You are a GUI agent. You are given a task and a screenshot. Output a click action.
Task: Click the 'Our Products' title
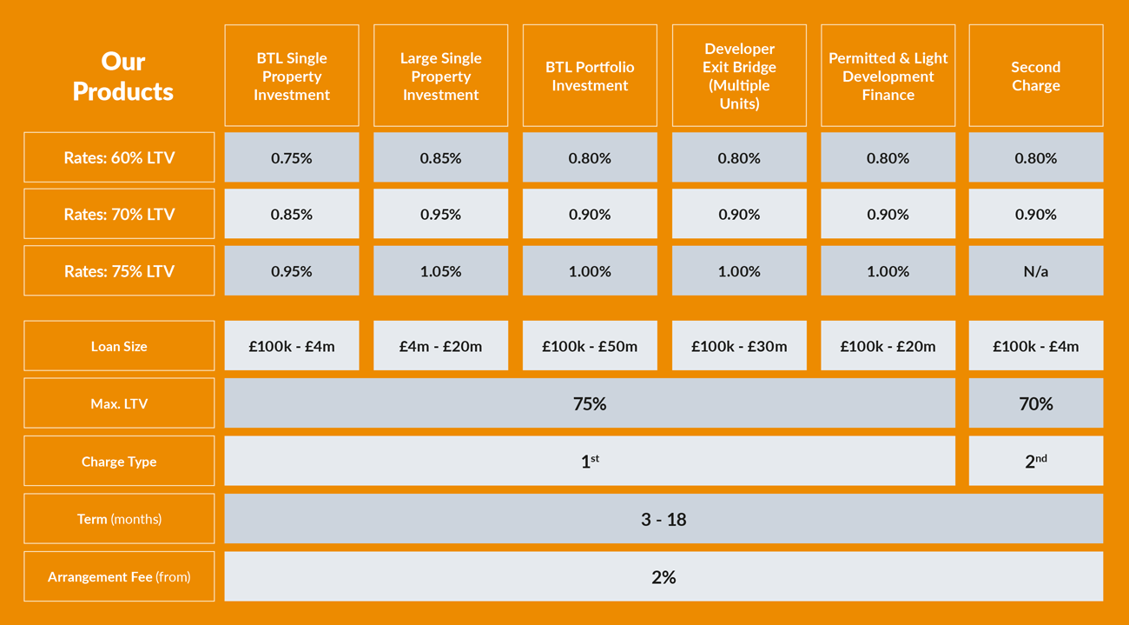(122, 76)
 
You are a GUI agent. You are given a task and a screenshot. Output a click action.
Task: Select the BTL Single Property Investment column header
(292, 76)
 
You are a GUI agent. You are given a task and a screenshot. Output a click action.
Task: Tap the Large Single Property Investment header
(440, 76)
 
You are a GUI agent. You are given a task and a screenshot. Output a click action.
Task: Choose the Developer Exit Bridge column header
(739, 76)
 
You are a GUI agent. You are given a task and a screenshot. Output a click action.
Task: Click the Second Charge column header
(1035, 76)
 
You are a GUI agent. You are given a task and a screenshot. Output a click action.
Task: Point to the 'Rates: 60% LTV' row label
(119, 158)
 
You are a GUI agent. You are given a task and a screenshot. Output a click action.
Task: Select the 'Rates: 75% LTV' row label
(119, 271)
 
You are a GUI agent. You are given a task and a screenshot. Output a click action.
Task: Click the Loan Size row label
(119, 346)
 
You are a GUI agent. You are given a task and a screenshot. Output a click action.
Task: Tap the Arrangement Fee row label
(119, 576)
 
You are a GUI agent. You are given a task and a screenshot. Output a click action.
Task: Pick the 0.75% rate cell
(292, 158)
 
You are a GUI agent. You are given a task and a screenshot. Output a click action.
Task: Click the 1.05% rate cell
(440, 271)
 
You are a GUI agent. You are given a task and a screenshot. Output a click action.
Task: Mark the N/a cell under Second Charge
(1035, 271)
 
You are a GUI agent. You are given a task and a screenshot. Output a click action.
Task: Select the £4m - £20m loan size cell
(440, 346)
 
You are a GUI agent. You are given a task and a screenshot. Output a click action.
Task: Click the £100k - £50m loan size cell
(590, 346)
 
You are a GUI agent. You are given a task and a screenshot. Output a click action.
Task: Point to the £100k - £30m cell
(739, 346)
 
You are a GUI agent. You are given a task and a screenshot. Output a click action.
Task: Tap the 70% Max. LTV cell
(1035, 403)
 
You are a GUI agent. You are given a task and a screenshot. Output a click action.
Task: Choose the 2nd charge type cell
(1035, 462)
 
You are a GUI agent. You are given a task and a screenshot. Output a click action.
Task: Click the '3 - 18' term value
(664, 519)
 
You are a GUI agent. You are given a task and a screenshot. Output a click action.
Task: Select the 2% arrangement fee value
(664, 576)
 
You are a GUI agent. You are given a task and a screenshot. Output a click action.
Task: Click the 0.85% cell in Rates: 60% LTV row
(440, 158)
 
